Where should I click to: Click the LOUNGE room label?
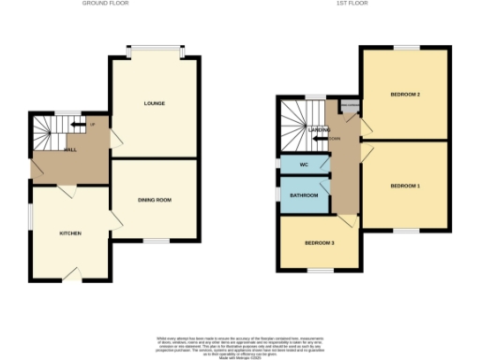coord(154,103)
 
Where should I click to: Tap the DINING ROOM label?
coord(154,200)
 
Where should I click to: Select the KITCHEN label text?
coord(70,232)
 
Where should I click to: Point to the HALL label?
coord(69,150)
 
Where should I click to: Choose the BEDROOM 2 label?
coord(405,95)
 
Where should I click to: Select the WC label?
coord(304,166)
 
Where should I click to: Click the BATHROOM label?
coord(304,196)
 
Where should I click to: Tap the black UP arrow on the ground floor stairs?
coord(82,125)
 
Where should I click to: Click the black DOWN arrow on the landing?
coord(320,139)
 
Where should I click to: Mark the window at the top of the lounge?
coord(156,48)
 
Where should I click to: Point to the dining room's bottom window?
coord(156,242)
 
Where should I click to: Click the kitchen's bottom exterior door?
coord(71,277)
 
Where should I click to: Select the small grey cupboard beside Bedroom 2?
coord(351,106)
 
